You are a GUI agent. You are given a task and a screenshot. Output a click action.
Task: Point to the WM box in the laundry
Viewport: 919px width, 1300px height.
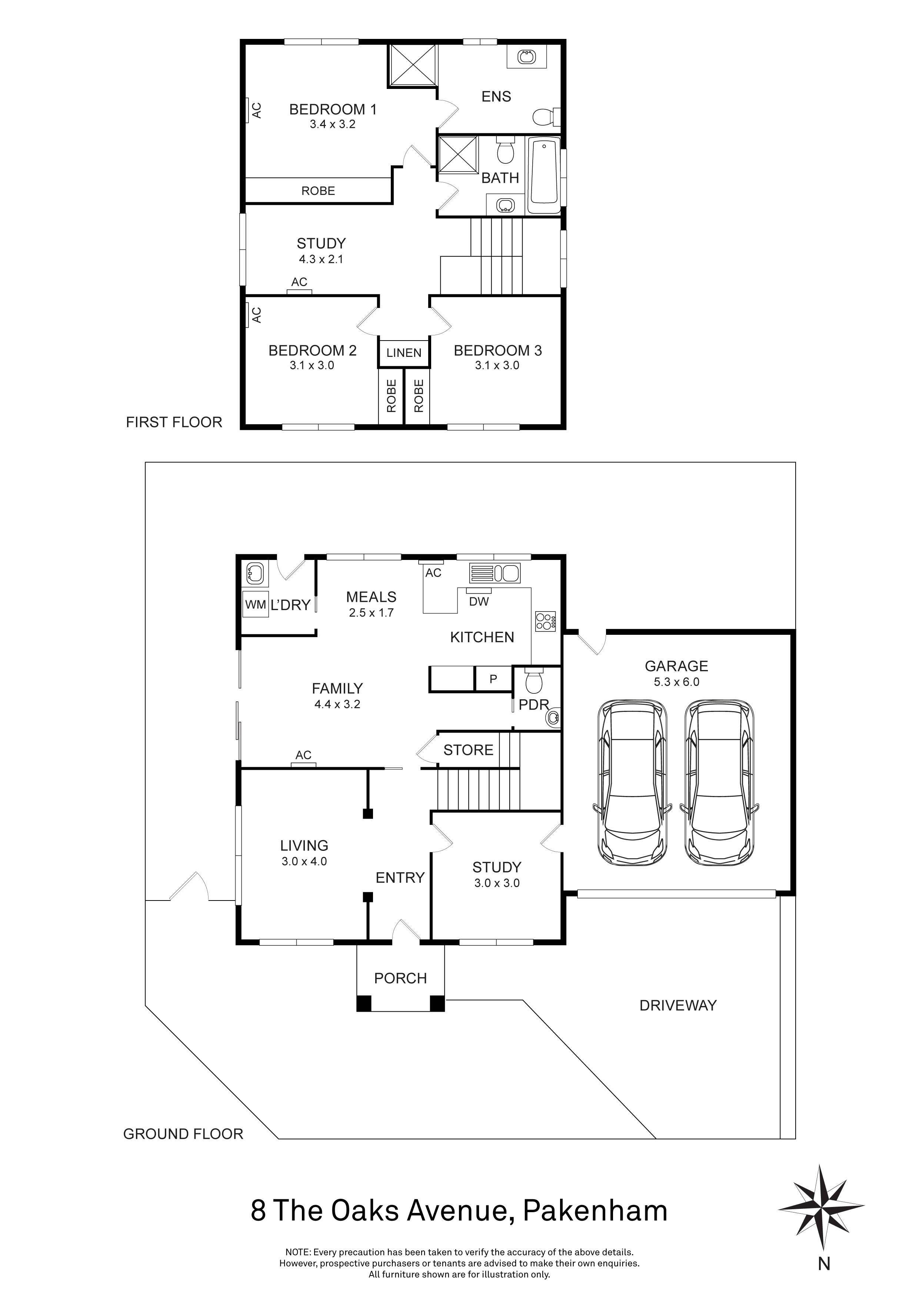pos(255,605)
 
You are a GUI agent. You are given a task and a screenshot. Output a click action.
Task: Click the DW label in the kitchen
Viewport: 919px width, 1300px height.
pos(479,601)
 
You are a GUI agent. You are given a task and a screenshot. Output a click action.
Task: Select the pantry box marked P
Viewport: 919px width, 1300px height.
pos(493,678)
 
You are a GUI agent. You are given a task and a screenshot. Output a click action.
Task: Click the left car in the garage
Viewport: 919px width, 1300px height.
pos(632,784)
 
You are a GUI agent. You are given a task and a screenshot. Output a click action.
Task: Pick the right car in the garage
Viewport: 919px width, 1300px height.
pos(719,784)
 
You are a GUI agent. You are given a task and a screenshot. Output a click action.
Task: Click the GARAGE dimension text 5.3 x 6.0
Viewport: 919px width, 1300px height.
pos(676,682)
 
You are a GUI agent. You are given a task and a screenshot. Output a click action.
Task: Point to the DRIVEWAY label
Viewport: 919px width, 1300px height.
pos(677,1006)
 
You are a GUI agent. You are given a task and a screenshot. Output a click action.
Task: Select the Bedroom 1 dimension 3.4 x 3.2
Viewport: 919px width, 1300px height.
pos(332,125)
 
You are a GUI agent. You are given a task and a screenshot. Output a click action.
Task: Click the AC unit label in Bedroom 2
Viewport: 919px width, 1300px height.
pos(256,315)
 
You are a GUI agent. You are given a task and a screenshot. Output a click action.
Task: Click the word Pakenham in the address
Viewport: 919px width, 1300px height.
pos(595,1211)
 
